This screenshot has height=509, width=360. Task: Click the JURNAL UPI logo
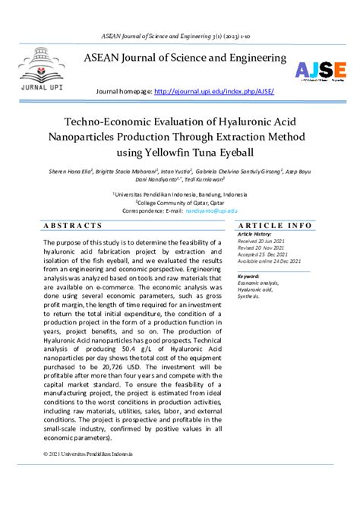point(38,69)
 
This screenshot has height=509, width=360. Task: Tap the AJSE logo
point(320,71)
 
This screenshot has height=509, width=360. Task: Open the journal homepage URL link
point(213,92)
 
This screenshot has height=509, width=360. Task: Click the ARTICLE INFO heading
point(274,226)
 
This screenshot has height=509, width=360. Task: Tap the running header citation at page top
point(179,36)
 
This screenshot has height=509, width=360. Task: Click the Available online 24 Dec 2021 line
point(270,261)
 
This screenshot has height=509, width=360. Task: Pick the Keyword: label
point(249,276)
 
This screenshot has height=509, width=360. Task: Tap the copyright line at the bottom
point(88,454)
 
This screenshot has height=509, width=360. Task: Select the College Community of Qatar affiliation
point(179,202)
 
